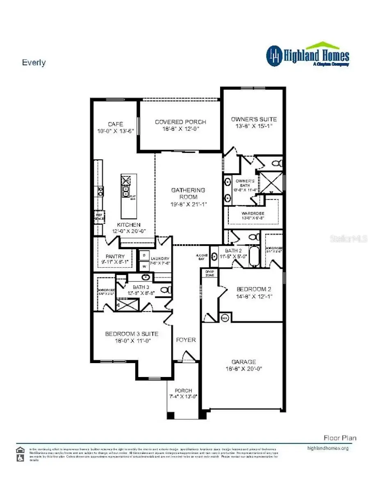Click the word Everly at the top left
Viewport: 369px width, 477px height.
click(x=34, y=63)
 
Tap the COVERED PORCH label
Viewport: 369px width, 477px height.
click(x=180, y=122)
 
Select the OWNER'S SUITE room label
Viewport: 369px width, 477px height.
click(x=254, y=119)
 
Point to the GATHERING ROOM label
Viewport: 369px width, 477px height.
click(x=188, y=193)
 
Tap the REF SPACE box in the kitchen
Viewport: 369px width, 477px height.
click(x=99, y=216)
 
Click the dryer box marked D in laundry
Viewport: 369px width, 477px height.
click(x=144, y=255)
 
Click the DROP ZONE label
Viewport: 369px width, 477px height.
click(x=209, y=273)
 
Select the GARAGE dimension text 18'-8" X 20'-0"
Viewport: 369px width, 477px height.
click(x=244, y=368)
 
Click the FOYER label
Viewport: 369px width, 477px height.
click(x=186, y=340)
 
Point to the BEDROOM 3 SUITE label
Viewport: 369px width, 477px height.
click(x=132, y=334)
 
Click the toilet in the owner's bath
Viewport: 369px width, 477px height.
click(x=278, y=164)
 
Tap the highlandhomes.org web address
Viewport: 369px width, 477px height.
click(x=328, y=448)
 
